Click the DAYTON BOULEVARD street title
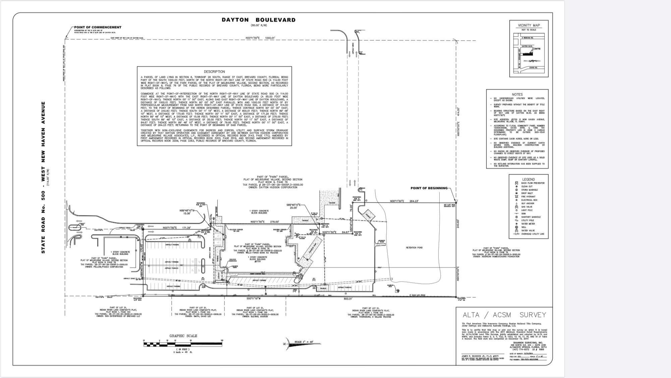coord(259,20)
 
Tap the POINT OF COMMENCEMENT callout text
coord(98,27)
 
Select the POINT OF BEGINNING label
coord(429,188)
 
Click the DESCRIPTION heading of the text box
coord(214,72)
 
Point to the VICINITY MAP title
coord(529,25)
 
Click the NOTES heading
coord(517,94)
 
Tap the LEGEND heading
coord(528,179)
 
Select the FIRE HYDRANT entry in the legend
coord(528,197)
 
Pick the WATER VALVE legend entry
coord(528,230)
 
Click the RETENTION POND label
coord(414,248)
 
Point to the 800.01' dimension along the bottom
coord(348,298)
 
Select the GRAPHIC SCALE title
coord(183,336)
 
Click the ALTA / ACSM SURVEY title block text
coord(504,315)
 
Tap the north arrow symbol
coord(285,343)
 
